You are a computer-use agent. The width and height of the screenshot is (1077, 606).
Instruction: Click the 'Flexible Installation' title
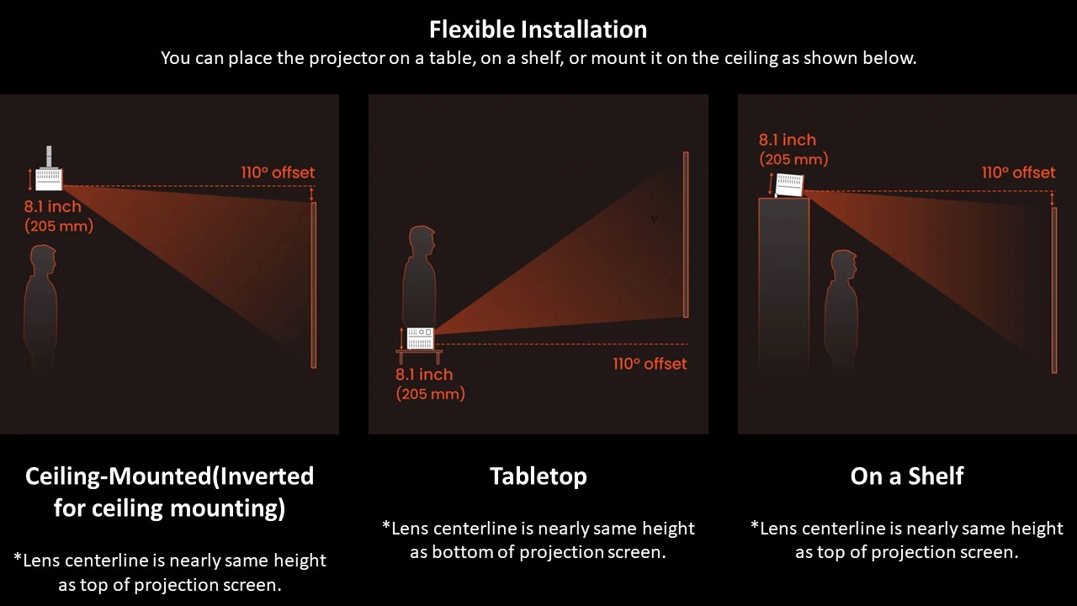[x=538, y=29]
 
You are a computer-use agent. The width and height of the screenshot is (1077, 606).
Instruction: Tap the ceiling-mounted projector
[x=49, y=178]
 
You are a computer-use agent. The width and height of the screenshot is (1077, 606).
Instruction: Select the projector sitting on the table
[x=420, y=338]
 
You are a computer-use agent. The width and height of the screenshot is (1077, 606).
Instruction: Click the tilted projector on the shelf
[x=789, y=184]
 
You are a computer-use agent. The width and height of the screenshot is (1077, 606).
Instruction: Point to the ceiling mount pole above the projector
[x=49, y=157]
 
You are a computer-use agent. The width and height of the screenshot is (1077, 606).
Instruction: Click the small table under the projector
[x=419, y=356]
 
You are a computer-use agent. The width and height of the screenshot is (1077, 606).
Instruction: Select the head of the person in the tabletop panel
[x=422, y=242]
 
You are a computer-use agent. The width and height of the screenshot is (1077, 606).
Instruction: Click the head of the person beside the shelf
[x=844, y=265]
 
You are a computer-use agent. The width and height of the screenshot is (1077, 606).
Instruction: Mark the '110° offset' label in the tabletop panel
[x=650, y=364]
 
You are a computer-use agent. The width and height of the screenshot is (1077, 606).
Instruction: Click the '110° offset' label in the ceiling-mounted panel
[x=278, y=173]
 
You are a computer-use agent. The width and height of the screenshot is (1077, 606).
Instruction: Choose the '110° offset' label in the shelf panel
[x=1018, y=173]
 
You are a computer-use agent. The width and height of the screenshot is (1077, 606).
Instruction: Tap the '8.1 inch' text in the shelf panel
[x=787, y=140]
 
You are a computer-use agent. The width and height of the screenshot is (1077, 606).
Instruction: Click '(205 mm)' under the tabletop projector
[x=430, y=394]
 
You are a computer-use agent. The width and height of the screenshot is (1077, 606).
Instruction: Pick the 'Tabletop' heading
[x=538, y=476]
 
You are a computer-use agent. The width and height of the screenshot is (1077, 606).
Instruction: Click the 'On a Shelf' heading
[x=907, y=476]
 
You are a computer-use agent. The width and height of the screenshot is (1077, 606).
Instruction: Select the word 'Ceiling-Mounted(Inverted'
[x=169, y=476]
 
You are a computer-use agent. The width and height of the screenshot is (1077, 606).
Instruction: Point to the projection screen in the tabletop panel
[x=686, y=235]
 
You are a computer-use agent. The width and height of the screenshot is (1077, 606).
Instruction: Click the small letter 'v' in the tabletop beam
[x=654, y=220]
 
